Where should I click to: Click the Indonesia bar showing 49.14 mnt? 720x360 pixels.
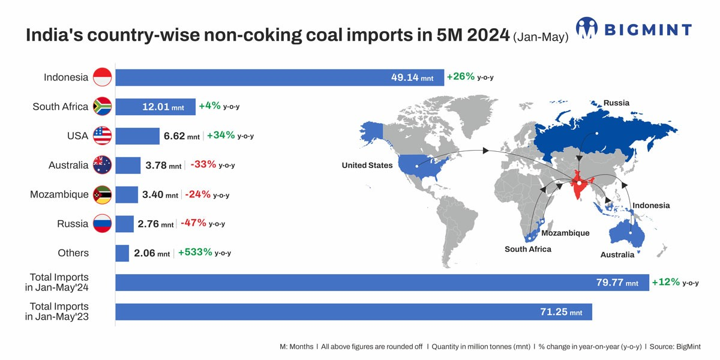(x=280, y=77)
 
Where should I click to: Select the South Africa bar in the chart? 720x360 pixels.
(x=155, y=107)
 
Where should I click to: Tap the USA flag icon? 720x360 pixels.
(x=102, y=136)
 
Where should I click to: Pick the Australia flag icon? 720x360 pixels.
(x=102, y=166)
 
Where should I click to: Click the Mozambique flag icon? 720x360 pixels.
(x=102, y=195)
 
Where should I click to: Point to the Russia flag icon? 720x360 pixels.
(x=102, y=224)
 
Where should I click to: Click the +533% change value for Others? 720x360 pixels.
(x=196, y=253)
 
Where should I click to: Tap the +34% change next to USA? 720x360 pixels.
(x=221, y=136)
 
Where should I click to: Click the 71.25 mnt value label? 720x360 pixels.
(x=563, y=312)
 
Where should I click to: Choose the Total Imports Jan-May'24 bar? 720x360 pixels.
(x=382, y=283)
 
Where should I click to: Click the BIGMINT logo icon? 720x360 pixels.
(x=587, y=28)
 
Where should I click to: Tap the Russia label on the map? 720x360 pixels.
(x=616, y=103)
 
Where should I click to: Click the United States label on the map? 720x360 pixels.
(x=367, y=166)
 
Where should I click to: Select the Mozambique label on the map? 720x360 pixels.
(x=565, y=233)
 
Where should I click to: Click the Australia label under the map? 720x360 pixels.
(x=617, y=254)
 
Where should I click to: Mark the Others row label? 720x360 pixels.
(x=73, y=253)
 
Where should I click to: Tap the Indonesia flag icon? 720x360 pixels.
(x=102, y=77)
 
